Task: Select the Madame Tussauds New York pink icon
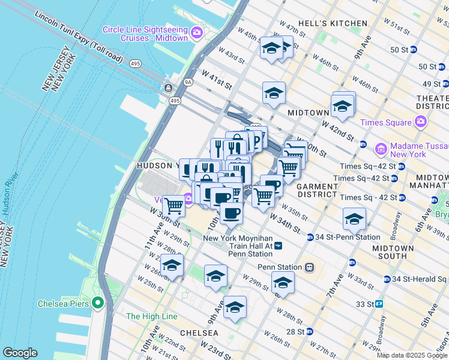[x=380, y=148]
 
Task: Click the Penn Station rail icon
[x=309, y=267]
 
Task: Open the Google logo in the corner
[x=20, y=352]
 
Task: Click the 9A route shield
[x=188, y=82]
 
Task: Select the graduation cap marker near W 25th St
[x=172, y=265]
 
